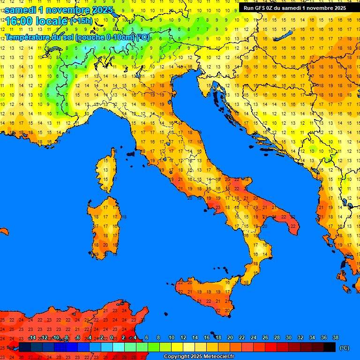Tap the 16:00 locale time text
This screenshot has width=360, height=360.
tap(35, 21)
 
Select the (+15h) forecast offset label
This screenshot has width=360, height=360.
tap(81, 21)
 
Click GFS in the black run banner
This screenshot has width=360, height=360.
tap(262, 7)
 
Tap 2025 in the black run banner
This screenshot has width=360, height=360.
tap(337, 7)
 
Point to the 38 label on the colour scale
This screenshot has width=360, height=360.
tap(335, 338)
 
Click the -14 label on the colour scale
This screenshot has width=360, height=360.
tap(32, 338)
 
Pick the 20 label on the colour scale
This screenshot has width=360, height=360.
tap(230, 338)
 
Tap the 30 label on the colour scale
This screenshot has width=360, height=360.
tap(288, 338)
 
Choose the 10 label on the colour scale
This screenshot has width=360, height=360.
tap(172, 338)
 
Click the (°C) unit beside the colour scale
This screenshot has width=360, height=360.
tap(345, 348)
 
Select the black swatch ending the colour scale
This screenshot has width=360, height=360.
tap(330, 347)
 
